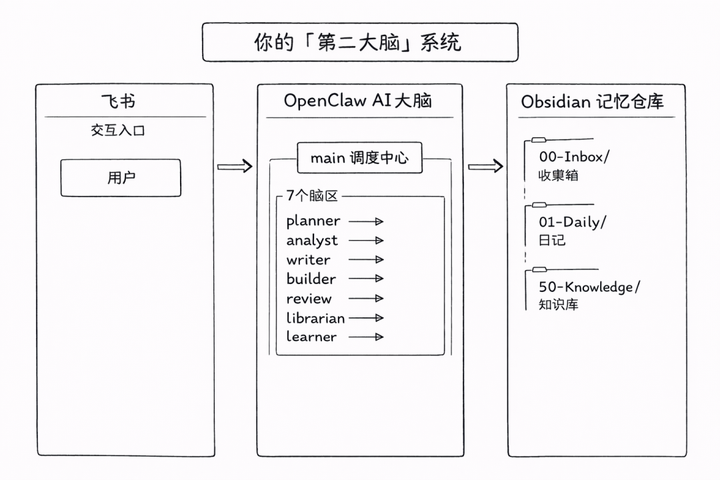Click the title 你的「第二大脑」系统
(359, 43)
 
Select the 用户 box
(121, 178)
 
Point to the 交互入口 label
(118, 131)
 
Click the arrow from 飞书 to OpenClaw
(235, 166)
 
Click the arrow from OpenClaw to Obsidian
(485, 166)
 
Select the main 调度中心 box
(359, 159)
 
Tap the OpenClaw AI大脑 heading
(358, 101)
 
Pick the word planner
(313, 221)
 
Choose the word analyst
(312, 241)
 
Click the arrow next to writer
(366, 260)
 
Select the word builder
(311, 279)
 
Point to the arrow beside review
(366, 299)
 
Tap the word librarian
(315, 318)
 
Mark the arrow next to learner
(366, 337)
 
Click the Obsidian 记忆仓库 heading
(592, 101)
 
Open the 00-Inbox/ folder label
(574, 157)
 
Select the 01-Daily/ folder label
(573, 222)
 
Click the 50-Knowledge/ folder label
(589, 287)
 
